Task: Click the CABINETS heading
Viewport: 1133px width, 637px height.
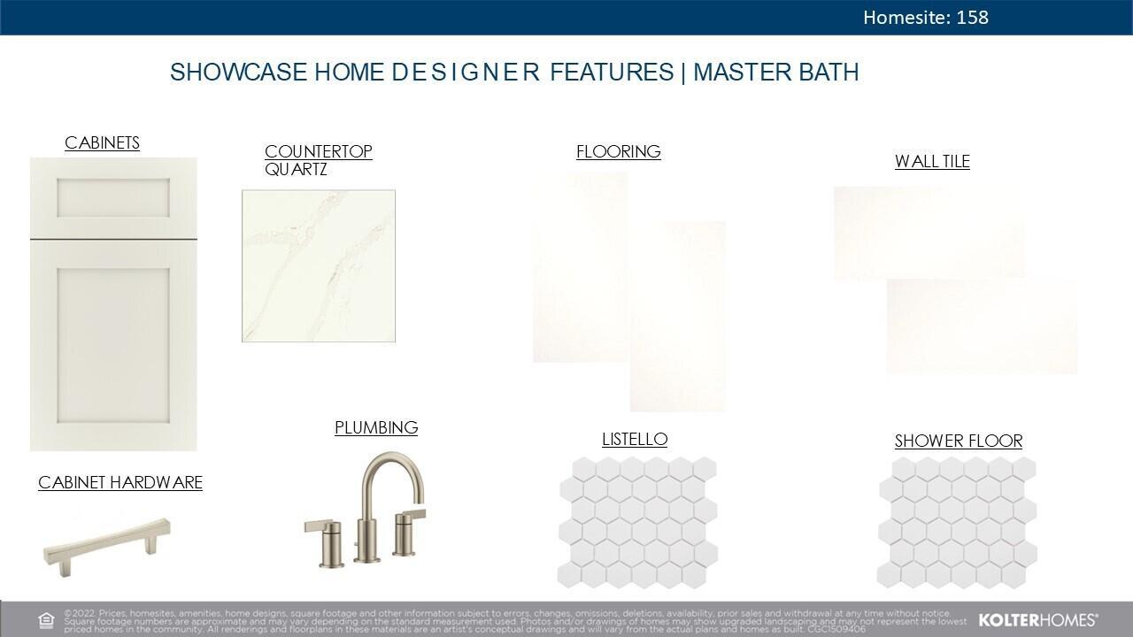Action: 102,142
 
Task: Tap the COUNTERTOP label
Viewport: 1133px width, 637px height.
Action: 318,151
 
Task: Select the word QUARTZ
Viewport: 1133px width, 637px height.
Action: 296,169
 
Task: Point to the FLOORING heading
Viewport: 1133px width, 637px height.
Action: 618,151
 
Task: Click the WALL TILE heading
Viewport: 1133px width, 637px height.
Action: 932,161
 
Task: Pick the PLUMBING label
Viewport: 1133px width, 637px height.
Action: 376,427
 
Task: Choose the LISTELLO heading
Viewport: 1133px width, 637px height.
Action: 635,439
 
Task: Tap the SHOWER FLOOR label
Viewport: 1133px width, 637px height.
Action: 958,441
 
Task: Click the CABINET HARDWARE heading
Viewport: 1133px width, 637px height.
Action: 120,482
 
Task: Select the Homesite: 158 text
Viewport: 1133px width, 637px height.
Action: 925,17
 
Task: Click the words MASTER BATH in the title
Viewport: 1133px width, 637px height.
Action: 775,73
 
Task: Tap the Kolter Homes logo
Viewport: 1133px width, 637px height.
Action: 1037,619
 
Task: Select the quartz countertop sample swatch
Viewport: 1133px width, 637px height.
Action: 319,265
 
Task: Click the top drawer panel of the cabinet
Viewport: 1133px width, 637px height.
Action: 113,198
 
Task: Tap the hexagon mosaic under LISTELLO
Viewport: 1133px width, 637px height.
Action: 637,522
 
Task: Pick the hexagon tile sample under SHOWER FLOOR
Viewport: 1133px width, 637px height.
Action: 957,522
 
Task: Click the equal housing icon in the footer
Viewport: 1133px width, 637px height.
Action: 46,619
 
